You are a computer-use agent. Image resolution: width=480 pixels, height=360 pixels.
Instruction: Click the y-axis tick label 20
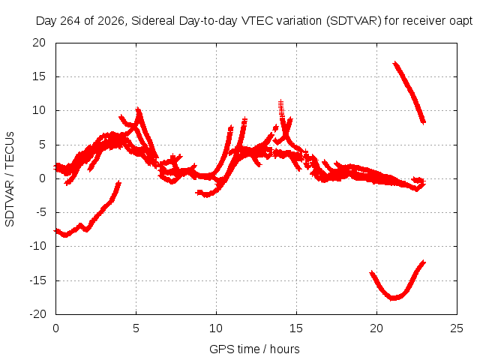(x=39, y=43)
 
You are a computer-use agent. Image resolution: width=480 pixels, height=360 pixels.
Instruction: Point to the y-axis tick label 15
(x=39, y=76)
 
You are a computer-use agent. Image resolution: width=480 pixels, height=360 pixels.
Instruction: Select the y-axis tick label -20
(x=37, y=314)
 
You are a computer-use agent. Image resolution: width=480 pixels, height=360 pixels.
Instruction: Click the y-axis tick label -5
(x=40, y=212)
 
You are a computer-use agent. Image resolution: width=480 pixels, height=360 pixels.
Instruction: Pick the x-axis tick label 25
(x=457, y=328)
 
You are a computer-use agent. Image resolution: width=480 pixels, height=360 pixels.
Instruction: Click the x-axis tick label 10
(x=216, y=328)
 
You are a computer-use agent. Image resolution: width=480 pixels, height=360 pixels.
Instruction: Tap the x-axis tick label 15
(x=296, y=328)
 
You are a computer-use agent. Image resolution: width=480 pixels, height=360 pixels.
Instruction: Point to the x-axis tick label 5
(x=136, y=328)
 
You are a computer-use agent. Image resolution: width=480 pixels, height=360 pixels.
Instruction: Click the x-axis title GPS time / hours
(x=254, y=349)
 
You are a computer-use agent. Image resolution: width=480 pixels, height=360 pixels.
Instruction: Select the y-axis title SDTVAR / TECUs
(x=10, y=179)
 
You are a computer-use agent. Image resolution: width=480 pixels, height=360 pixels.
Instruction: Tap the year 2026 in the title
(x=111, y=21)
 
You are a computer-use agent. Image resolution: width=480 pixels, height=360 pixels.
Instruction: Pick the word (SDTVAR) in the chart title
(x=353, y=21)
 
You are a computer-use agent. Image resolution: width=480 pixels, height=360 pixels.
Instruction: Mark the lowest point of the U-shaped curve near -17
(x=393, y=298)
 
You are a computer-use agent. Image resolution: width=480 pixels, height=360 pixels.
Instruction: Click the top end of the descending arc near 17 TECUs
(x=395, y=63)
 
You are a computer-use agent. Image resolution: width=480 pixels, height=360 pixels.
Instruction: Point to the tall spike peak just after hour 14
(x=280, y=101)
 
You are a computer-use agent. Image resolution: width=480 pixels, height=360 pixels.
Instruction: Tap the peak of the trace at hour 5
(x=138, y=109)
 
